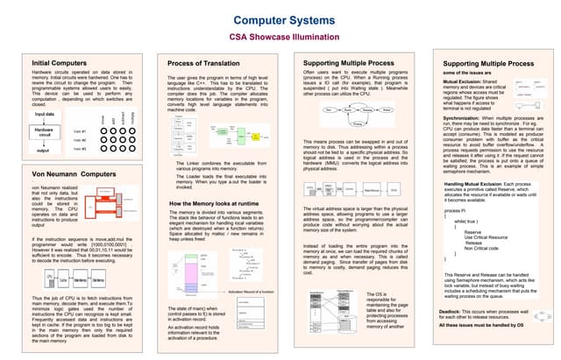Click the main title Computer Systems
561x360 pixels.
[280, 18]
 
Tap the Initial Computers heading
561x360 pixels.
[59, 64]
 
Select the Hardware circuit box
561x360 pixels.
[44, 132]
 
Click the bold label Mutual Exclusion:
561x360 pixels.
[462, 80]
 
